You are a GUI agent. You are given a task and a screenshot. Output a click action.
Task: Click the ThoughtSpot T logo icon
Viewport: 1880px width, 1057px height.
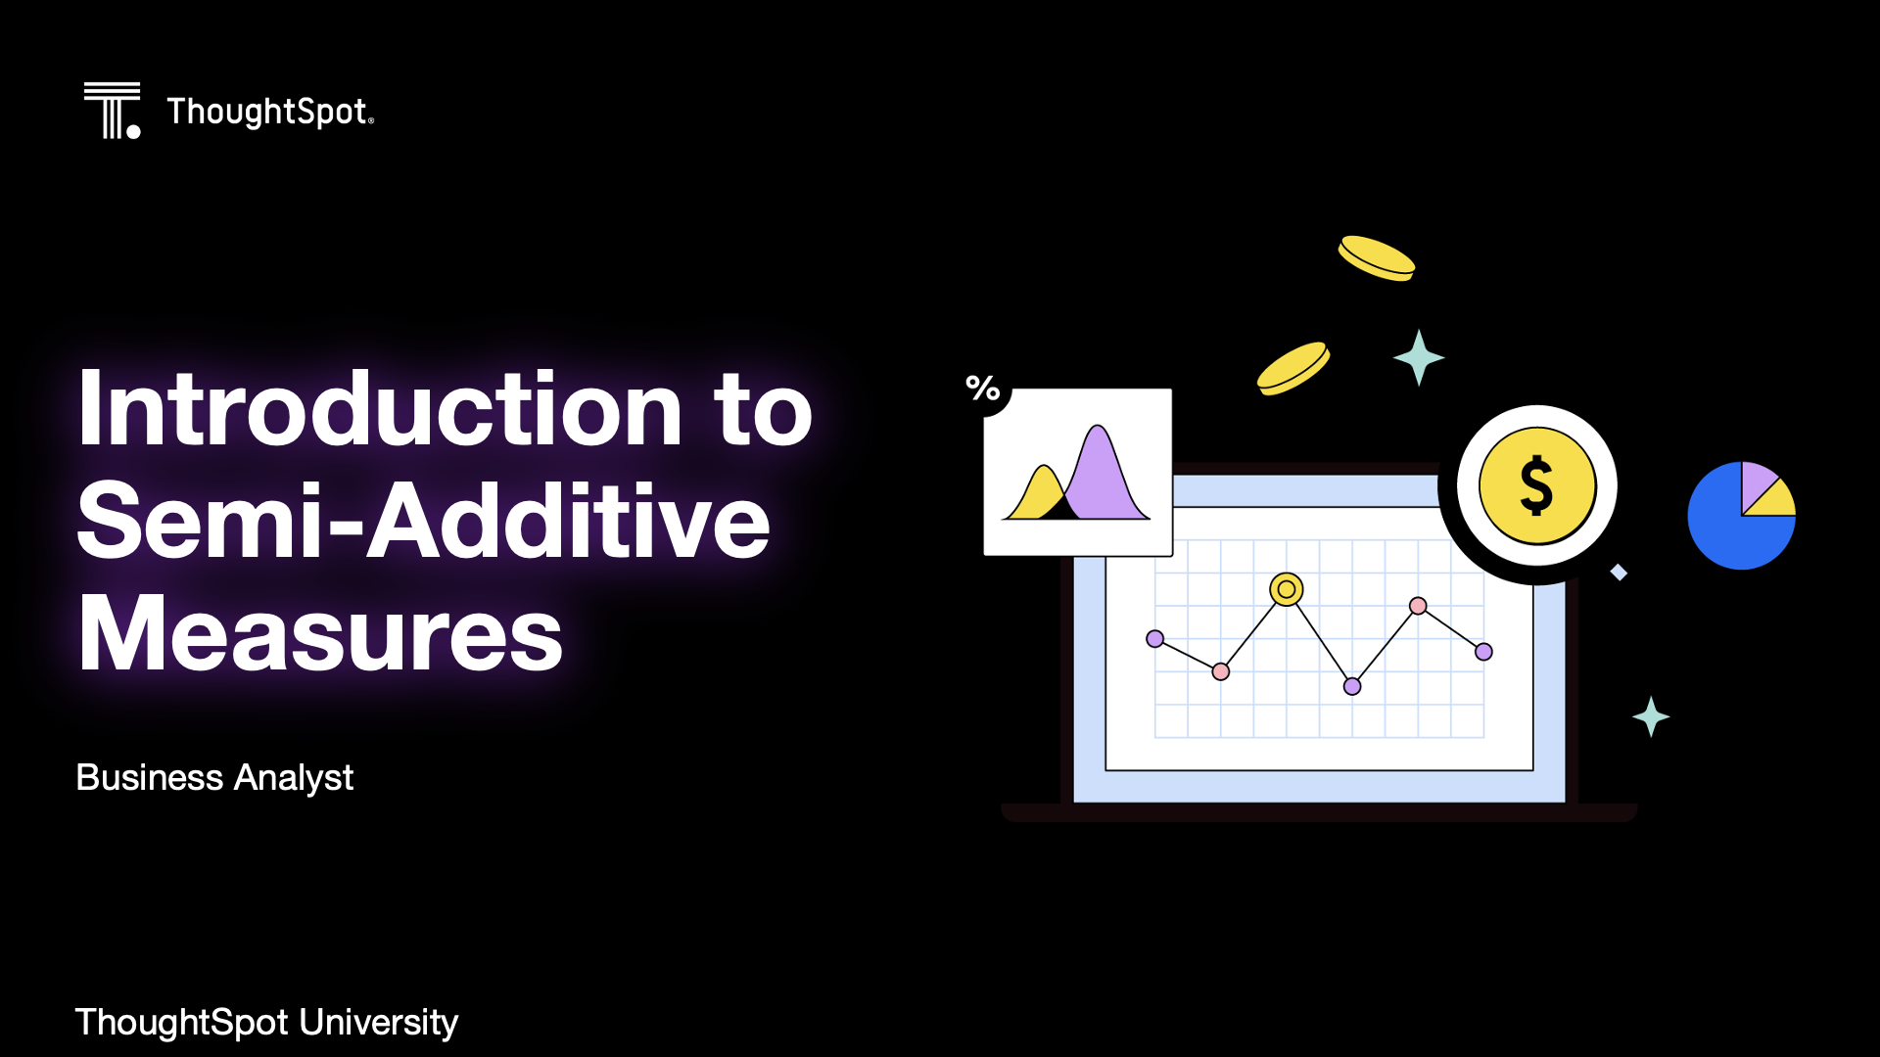[112, 111]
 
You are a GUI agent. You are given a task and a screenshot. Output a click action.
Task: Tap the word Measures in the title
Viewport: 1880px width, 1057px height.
[320, 633]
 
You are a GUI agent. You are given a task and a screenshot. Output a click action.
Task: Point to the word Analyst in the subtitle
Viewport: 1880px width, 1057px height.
[294, 778]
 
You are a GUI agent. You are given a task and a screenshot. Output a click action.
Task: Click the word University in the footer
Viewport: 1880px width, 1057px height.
[378, 1023]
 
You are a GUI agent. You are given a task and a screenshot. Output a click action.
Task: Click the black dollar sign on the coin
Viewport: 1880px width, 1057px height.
[1536, 485]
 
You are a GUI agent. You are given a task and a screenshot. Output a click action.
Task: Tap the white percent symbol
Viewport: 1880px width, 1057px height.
[983, 388]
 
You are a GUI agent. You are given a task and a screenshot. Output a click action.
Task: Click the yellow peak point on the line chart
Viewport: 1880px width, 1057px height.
[1286, 589]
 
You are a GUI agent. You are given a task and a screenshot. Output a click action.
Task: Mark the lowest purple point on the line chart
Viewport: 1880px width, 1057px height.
[1352, 686]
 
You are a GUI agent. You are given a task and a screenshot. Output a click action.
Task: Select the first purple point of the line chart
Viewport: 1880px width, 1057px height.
[1155, 639]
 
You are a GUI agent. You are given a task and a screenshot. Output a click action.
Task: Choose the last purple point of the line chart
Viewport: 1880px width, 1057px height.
[1483, 652]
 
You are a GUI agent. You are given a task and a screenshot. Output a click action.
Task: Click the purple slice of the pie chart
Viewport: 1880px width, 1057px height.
[1757, 482]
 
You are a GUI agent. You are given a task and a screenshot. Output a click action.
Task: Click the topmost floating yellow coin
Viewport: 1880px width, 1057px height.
[1377, 258]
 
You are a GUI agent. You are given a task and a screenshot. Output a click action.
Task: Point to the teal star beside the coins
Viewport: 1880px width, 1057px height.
[1419, 357]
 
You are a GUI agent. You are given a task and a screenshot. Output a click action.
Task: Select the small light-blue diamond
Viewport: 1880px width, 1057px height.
[1619, 572]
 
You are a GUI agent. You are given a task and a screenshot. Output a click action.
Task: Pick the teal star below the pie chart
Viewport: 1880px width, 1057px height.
[1651, 716]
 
